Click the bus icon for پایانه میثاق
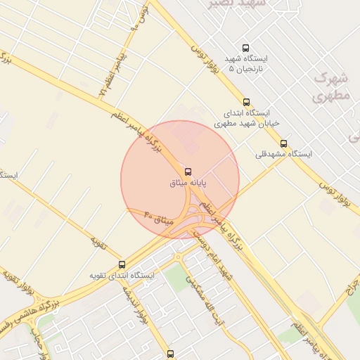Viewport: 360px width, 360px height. coord(188,172)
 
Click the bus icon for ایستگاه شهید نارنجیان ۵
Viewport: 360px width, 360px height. coord(245,48)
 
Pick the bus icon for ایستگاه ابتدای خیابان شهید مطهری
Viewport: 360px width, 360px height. coord(245,102)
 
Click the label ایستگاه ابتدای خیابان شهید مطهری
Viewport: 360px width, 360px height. coord(243,117)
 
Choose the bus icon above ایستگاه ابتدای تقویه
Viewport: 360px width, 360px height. coord(123,265)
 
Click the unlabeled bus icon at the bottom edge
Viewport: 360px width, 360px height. coord(169,354)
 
